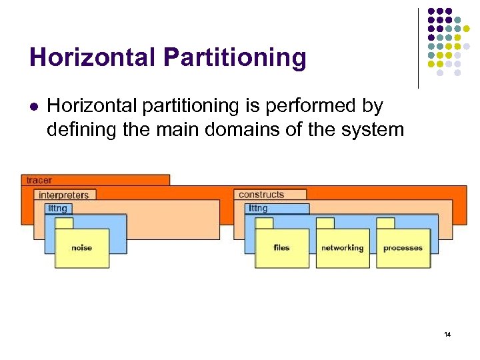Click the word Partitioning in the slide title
(233, 57)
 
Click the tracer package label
(39, 180)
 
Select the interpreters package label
(63, 195)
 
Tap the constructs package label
(261, 195)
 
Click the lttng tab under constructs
(258, 209)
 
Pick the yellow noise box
(81, 248)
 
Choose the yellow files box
(281, 248)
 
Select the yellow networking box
(342, 248)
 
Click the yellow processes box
(403, 248)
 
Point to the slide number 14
(447, 333)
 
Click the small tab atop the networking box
(325, 223)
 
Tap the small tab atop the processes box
(386, 223)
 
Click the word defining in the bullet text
(77, 129)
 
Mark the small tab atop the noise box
(64, 223)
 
